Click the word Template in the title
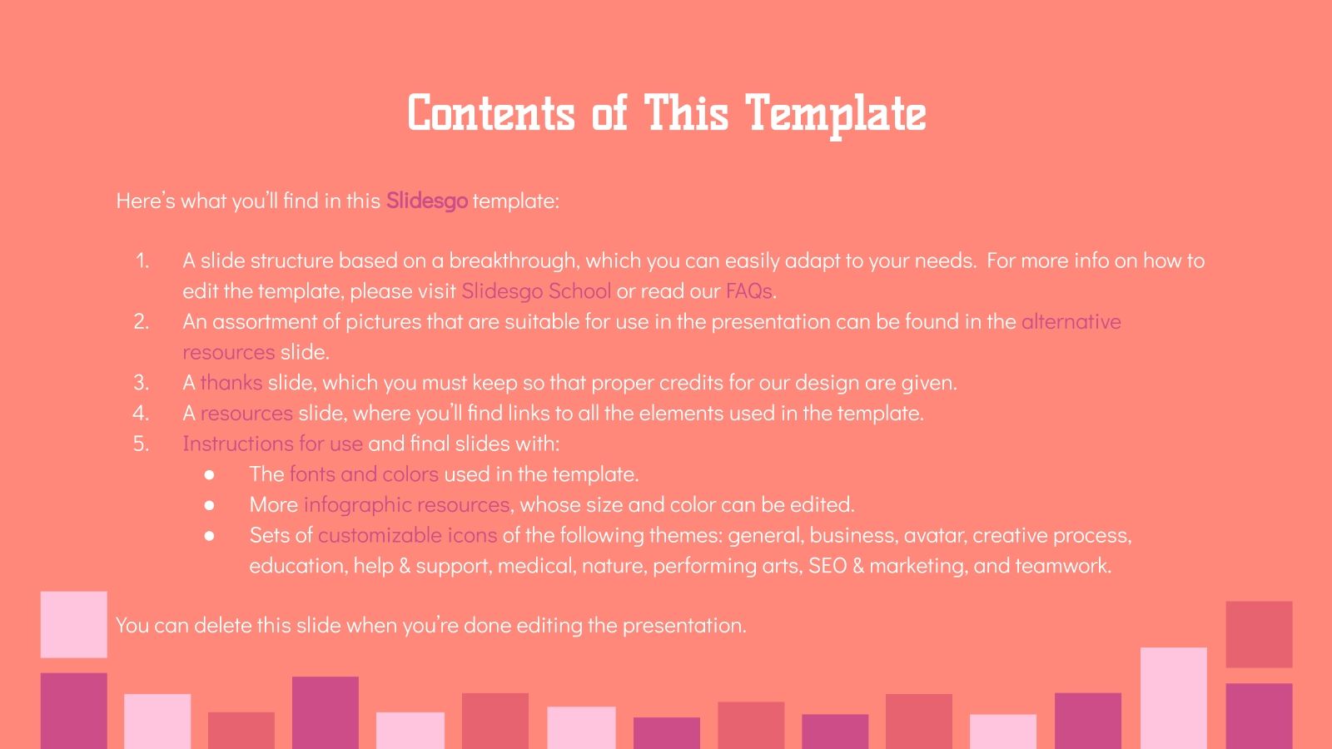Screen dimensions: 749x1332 pyautogui.click(x=835, y=114)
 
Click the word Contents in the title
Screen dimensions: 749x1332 pyautogui.click(x=491, y=114)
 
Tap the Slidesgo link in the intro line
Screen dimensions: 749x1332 pyautogui.click(x=426, y=201)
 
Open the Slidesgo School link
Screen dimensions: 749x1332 pyautogui.click(x=535, y=290)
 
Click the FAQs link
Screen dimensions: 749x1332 pyautogui.click(x=748, y=290)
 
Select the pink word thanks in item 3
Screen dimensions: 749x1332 pyautogui.click(x=231, y=382)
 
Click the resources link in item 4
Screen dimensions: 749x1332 pyautogui.click(x=246, y=413)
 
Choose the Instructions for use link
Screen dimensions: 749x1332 pyautogui.click(x=272, y=444)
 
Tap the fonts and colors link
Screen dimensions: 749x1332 pyautogui.click(x=363, y=474)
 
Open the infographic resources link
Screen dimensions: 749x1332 pyautogui.click(x=406, y=504)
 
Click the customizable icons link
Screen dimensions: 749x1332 pyautogui.click(x=407, y=534)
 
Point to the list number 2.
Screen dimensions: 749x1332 pyautogui.click(x=142, y=321)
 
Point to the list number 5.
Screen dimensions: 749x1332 pyautogui.click(x=142, y=444)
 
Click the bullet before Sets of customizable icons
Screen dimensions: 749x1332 pyautogui.click(x=209, y=535)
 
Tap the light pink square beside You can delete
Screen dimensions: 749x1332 pyautogui.click(x=73, y=624)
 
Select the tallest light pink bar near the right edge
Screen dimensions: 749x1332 pyautogui.click(x=1173, y=697)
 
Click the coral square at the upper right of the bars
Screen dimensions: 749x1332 pyautogui.click(x=1259, y=634)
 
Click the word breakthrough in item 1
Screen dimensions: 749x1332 pyautogui.click(x=511, y=260)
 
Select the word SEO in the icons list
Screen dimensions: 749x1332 pyautogui.click(x=827, y=565)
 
